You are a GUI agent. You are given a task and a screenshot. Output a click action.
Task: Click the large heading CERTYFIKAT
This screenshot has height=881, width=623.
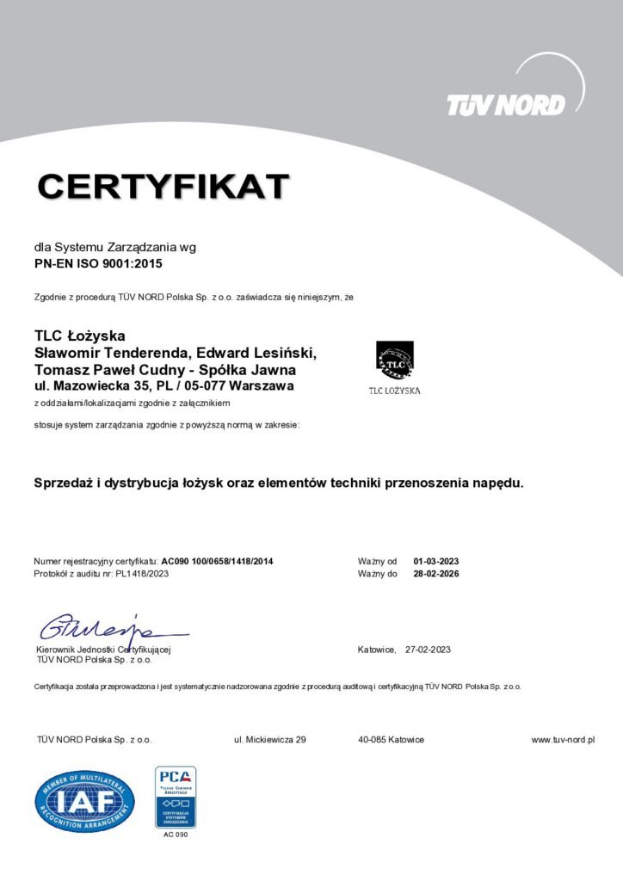163,186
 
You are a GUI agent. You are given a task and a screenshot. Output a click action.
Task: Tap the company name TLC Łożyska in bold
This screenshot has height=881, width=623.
80,336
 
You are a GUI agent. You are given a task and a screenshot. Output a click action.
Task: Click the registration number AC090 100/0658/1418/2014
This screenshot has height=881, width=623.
218,562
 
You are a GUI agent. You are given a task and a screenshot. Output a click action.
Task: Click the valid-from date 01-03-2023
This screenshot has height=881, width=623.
436,562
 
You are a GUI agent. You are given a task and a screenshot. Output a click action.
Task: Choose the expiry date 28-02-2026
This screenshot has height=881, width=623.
436,574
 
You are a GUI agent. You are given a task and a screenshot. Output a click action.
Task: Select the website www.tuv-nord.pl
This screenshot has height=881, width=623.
564,740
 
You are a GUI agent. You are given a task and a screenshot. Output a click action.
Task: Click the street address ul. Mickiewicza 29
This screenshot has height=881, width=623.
270,740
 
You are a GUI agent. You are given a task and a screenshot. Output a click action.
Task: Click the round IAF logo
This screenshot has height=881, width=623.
84,801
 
